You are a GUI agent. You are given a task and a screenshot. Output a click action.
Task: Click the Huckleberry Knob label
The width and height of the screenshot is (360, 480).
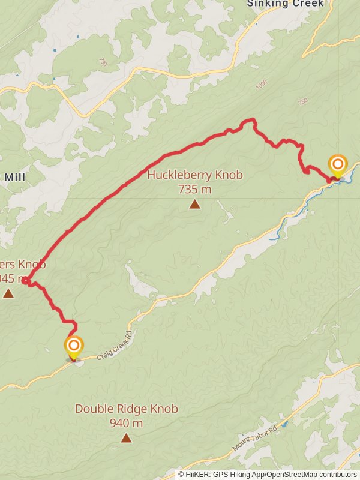coord(195,175)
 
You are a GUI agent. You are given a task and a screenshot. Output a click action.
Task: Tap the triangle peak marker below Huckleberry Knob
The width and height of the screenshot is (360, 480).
coord(194,205)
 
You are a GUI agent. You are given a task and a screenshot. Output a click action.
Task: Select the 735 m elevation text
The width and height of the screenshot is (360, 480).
coord(195,190)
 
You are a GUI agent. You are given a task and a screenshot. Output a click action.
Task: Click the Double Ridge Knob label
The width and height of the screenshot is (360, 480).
coord(126,409)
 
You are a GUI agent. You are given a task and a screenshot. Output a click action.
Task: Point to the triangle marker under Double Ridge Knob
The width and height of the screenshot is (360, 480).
coord(126,438)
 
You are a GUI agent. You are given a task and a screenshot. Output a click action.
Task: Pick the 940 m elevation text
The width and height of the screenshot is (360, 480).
coord(126,423)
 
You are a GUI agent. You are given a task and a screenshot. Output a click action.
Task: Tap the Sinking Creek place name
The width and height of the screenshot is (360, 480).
coord(285,4)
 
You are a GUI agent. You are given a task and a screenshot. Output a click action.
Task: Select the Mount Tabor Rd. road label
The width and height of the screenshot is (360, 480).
coord(256,439)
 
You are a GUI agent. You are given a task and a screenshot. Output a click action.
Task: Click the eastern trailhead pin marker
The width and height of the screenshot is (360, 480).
coord(337,164)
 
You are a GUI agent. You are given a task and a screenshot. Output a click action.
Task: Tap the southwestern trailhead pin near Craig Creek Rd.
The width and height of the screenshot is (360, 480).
coord(74,346)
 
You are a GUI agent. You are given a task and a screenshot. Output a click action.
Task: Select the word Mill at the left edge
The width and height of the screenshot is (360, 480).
coord(14,177)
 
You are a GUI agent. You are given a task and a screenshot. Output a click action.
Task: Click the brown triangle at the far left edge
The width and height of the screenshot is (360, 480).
coord(8,293)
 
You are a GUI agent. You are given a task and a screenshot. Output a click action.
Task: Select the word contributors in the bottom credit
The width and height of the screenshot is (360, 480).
coord(336,475)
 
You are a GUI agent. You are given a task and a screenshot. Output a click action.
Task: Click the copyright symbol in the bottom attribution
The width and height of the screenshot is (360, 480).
coord(181,475)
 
